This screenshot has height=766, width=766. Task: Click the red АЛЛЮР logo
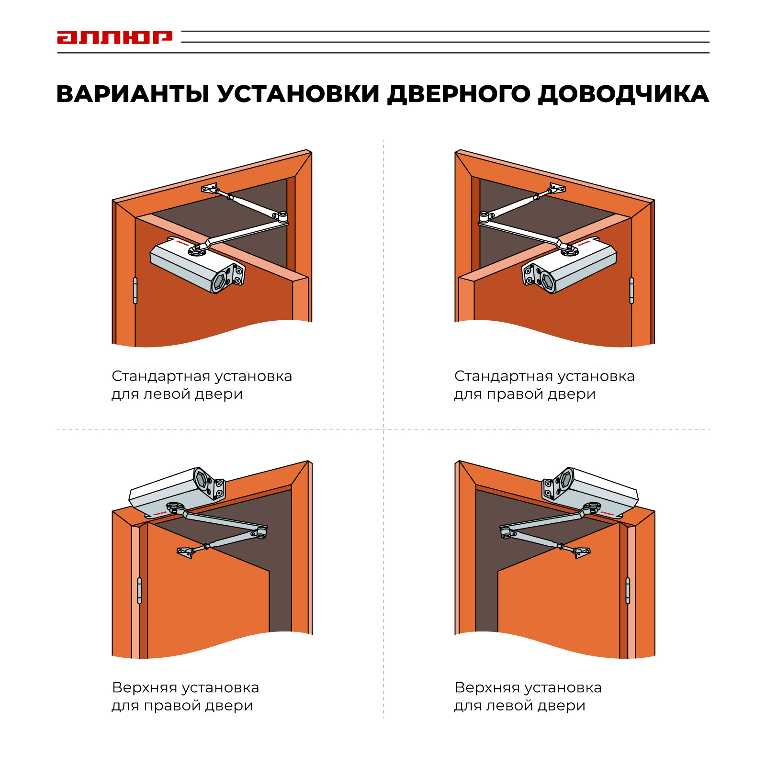pos(114,37)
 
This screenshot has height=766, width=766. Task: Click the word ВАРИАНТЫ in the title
pos(133,94)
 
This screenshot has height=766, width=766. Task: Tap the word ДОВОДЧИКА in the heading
pos(623,94)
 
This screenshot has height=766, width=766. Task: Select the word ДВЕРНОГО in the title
pos(459,94)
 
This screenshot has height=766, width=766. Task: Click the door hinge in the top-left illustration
pos(135,291)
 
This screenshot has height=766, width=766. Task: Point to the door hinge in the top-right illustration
pos(631,291)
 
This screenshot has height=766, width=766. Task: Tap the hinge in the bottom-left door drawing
pos(139,590)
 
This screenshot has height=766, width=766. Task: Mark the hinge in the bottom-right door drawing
pos(628,590)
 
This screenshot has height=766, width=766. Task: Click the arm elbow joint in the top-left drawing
pos(283,218)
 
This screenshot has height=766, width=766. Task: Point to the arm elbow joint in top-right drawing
pos(484,218)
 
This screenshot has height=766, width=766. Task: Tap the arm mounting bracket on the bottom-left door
pos(186,552)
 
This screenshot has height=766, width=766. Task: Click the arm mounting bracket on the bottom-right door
pos(582,552)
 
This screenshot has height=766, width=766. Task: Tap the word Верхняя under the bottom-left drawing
pos(142,687)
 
